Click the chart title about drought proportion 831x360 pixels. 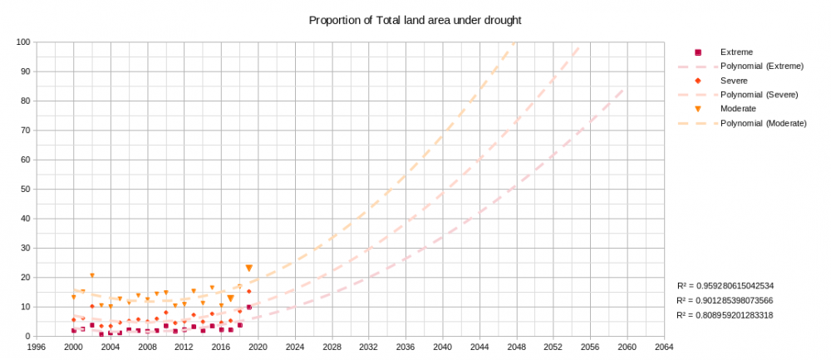pos(415,19)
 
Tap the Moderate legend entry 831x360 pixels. pos(737,109)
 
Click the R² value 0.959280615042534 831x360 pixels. pos(725,285)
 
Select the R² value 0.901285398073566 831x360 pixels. pos(725,300)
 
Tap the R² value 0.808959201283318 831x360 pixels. pos(725,315)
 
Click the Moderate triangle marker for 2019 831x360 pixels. pos(248,268)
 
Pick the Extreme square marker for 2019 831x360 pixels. pos(248,308)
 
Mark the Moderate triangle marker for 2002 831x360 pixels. pos(91,275)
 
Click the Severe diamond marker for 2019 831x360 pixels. pos(248,291)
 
